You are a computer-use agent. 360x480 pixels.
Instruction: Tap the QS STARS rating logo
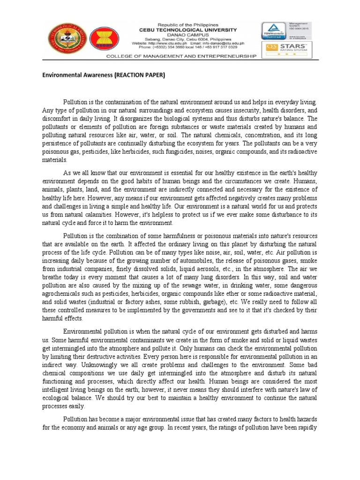288,48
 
